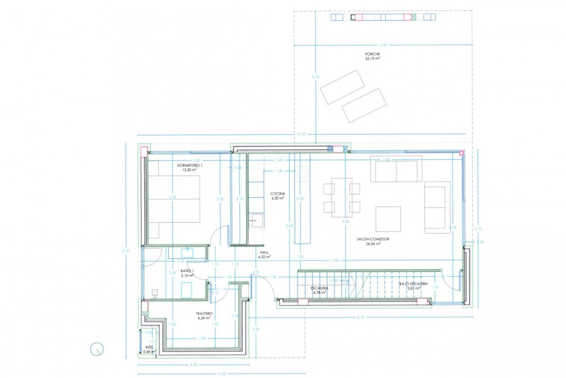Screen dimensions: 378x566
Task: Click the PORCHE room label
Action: coord(372,54)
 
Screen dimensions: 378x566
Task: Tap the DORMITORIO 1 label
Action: coord(190,165)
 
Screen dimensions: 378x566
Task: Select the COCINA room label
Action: coord(278,194)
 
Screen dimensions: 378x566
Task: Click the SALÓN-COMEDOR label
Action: coord(373,239)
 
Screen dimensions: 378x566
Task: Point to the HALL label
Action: coord(264,253)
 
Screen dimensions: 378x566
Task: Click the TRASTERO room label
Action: coord(204,314)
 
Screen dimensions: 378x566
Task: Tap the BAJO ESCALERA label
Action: coord(413,284)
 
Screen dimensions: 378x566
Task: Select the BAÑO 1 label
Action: coord(187,271)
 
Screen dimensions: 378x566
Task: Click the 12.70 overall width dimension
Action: coord(300,135)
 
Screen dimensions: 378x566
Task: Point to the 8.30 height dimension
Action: coord(126,251)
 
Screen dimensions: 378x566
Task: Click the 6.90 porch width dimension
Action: coord(383,45)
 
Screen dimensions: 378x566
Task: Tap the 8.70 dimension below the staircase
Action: coord(361,317)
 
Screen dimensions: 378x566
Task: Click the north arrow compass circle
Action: coord(97,349)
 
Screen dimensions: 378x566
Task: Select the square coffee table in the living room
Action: coord(388,219)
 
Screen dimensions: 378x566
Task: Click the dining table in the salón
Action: coord(342,197)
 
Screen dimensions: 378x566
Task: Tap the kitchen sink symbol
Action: coord(257,221)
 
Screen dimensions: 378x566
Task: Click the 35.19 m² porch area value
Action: coord(372,59)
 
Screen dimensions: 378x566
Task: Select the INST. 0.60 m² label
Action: coord(149,350)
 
